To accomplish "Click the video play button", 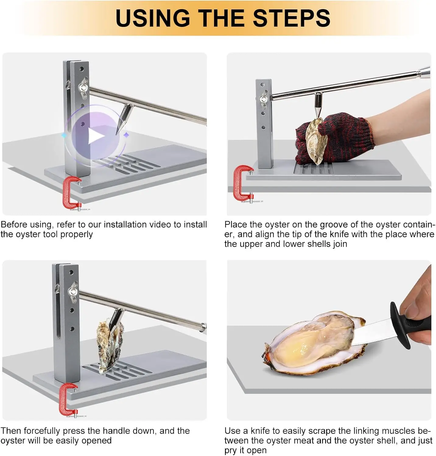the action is (x=96, y=136).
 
